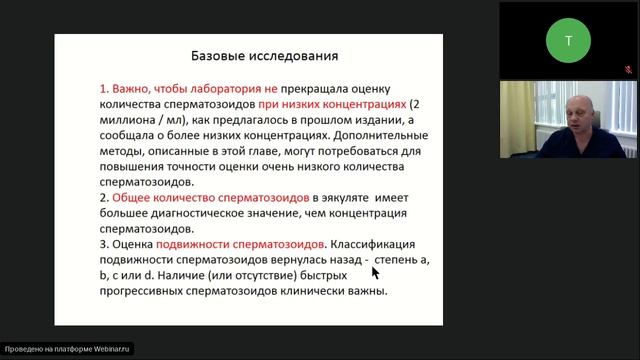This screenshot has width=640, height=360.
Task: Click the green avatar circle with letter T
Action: tap(568, 40)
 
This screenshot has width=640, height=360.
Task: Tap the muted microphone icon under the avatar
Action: tap(629, 70)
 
